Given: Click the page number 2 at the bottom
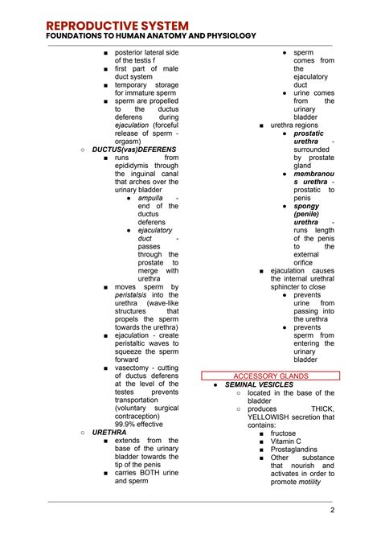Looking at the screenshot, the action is point(331,510).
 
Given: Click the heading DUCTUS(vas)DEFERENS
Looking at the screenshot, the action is point(134,150).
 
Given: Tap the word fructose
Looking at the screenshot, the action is point(284,433).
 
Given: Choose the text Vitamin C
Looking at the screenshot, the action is point(286,441).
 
